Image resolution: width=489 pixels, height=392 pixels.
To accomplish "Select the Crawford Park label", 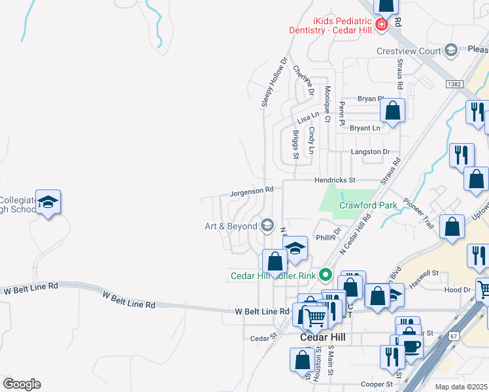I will pyautogui.click(x=368, y=205).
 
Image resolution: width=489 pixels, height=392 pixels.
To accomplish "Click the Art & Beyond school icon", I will pyautogui.click(x=267, y=226).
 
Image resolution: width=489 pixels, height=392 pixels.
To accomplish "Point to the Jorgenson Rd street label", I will pyautogui.click(x=251, y=191).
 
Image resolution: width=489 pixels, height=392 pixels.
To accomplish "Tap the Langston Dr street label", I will pyautogui.click(x=365, y=152).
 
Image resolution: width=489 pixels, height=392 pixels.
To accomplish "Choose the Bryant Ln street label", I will pyautogui.click(x=365, y=128).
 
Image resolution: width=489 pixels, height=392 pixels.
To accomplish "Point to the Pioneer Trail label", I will pyautogui.click(x=418, y=212).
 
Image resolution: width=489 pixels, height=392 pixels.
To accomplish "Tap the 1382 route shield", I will pyautogui.click(x=454, y=84).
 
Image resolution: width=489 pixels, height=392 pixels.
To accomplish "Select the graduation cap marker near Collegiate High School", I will pyautogui.click(x=48, y=203).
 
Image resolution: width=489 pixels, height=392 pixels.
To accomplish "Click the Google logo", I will pyautogui.click(x=22, y=384).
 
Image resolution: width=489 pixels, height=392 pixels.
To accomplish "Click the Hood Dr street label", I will pyautogui.click(x=457, y=289).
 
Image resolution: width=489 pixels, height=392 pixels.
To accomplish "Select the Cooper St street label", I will pyautogui.click(x=376, y=385).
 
